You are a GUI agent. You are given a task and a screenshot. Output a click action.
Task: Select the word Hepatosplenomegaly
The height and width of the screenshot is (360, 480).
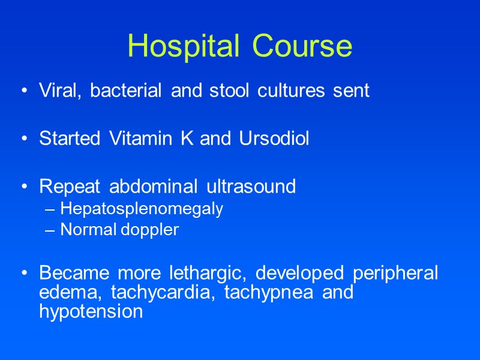[142, 209]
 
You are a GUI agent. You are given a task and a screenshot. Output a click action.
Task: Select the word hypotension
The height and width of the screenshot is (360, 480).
[91, 313]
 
